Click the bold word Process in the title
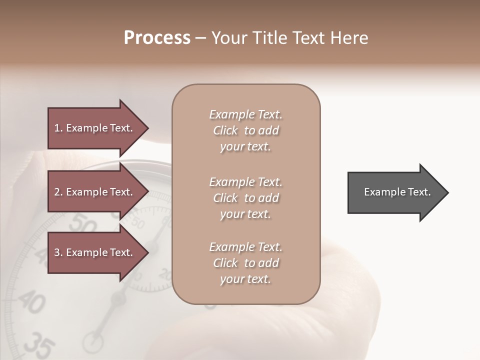157,38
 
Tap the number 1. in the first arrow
58,128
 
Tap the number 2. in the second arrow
58,192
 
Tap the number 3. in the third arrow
58,252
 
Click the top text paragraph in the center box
245,130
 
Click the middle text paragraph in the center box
245,198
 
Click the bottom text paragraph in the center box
245,263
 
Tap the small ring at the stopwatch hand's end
92,342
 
